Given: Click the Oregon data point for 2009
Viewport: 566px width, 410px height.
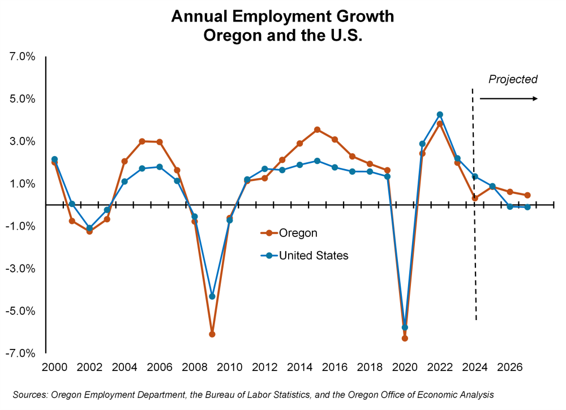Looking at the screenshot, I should point(212,334).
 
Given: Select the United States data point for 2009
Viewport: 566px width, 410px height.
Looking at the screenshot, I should point(212,296).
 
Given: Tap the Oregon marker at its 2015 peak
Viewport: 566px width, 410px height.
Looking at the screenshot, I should point(318,130).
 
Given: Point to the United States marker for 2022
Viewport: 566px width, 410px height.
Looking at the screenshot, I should point(440,115).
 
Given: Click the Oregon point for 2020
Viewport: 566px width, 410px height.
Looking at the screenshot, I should point(405,338).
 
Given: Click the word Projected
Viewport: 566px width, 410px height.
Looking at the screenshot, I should point(513,80).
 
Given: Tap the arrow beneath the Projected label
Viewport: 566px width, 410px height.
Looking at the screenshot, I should point(508,99).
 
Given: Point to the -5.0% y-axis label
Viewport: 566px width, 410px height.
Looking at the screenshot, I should point(21,311).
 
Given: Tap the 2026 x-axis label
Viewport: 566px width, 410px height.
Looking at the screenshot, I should point(509,366).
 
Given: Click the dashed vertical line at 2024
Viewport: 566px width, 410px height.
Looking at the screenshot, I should point(474,254).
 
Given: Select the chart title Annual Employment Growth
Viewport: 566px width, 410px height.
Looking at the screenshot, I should point(282,16).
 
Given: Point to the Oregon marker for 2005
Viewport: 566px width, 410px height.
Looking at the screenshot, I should point(142,141).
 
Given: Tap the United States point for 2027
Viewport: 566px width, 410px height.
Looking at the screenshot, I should point(527,207).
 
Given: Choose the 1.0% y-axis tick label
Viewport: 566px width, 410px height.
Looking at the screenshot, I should point(23,184).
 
